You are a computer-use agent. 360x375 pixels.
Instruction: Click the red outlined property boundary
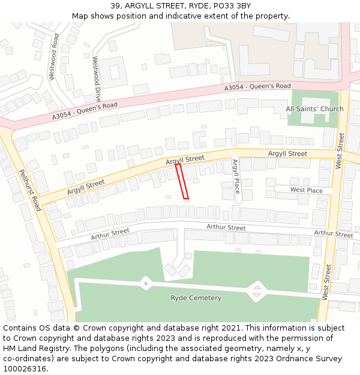click(182, 181)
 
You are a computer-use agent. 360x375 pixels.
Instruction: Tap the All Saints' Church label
click(314, 109)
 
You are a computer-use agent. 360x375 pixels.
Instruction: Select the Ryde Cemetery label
click(196, 298)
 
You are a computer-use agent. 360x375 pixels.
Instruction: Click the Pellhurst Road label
click(29, 190)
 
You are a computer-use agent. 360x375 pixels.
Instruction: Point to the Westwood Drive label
click(97, 78)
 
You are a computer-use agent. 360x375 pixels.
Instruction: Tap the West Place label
click(306, 190)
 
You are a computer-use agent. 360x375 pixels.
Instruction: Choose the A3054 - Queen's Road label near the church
click(257, 87)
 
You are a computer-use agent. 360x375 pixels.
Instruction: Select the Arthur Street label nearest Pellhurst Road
click(110, 234)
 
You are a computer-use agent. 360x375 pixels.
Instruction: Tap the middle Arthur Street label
click(226, 227)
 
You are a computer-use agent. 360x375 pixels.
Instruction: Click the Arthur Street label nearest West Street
click(334, 233)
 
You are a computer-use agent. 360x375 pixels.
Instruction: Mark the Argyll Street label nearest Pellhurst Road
click(86, 187)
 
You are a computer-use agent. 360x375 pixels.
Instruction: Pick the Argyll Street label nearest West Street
click(287, 154)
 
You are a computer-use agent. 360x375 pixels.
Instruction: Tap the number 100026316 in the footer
click(23, 369)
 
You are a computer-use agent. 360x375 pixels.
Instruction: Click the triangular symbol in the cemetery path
click(257, 292)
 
